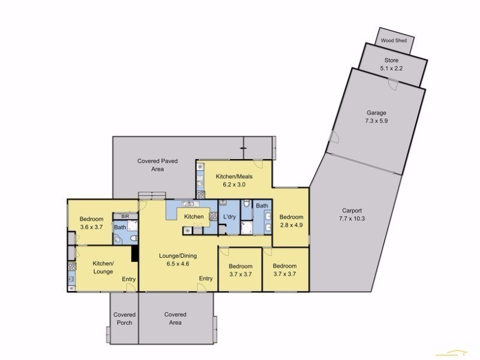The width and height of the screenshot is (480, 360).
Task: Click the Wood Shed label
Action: pos(394,41)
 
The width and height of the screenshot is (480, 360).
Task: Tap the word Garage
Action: pos(376,112)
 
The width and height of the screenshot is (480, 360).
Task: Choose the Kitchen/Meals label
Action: pos(234,176)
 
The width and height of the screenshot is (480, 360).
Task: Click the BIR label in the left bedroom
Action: pos(125,216)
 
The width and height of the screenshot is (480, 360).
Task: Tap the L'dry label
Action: pos(229,217)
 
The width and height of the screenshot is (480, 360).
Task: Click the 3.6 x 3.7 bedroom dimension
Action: pos(91,227)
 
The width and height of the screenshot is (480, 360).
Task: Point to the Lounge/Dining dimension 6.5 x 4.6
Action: pos(177,263)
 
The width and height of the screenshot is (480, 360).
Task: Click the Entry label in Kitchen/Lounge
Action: pos(128,279)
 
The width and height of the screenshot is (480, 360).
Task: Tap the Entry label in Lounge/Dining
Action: pos(206,278)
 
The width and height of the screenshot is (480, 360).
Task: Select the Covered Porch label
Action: pos(124,318)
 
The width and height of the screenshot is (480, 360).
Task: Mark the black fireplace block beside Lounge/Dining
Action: pos(136,254)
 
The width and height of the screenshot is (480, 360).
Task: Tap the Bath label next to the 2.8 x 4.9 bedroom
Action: pos(262,205)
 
